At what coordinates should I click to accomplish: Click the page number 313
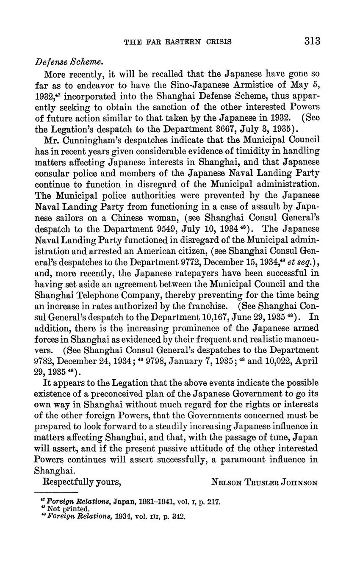(x=312, y=41)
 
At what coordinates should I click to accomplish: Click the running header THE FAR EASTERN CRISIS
(x=177, y=42)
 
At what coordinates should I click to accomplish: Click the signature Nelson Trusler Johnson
(x=264, y=482)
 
